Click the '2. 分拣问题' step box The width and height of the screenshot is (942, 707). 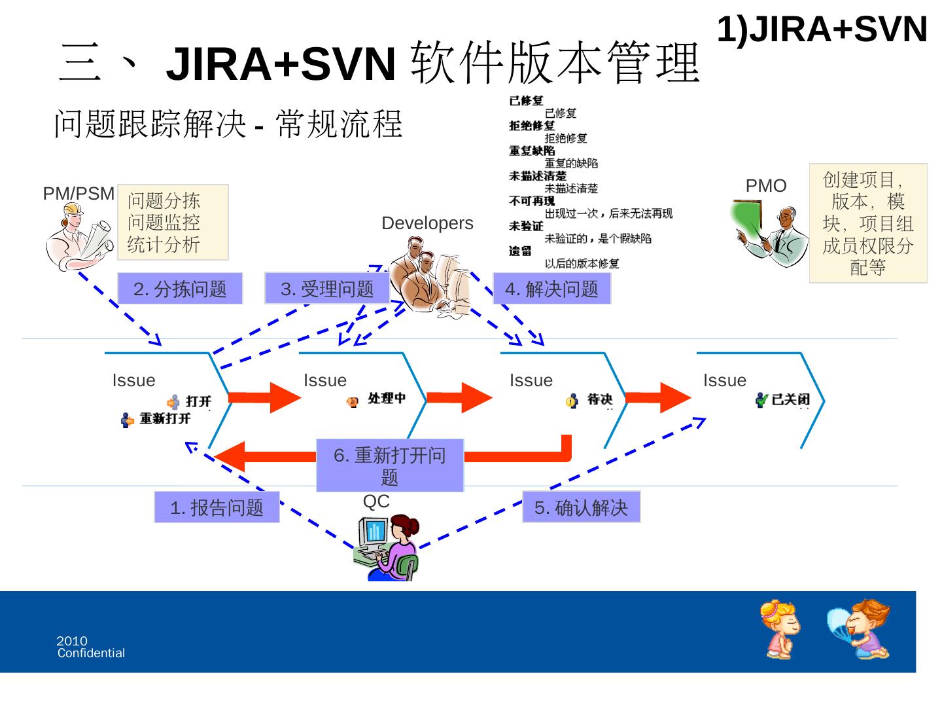tap(180, 289)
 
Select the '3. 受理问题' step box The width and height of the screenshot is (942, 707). tap(327, 289)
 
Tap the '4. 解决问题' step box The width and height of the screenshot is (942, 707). tap(551, 289)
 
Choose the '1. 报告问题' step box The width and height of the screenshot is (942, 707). tap(217, 507)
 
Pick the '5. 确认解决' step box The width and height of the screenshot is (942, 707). tap(581, 507)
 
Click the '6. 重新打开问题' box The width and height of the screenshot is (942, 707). tap(390, 465)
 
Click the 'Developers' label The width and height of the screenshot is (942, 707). tap(427, 223)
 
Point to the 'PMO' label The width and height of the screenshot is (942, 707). tap(766, 186)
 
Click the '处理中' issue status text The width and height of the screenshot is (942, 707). tap(387, 398)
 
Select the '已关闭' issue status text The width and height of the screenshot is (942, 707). tap(790, 399)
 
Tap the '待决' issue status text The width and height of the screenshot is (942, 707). tap(599, 399)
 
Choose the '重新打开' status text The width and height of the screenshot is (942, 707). tap(164, 419)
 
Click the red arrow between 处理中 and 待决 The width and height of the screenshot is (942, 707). tap(459, 397)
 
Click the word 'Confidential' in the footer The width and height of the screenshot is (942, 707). tap(91, 653)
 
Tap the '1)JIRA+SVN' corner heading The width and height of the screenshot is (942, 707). tap(822, 29)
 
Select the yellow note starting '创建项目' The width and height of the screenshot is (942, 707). tap(868, 223)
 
